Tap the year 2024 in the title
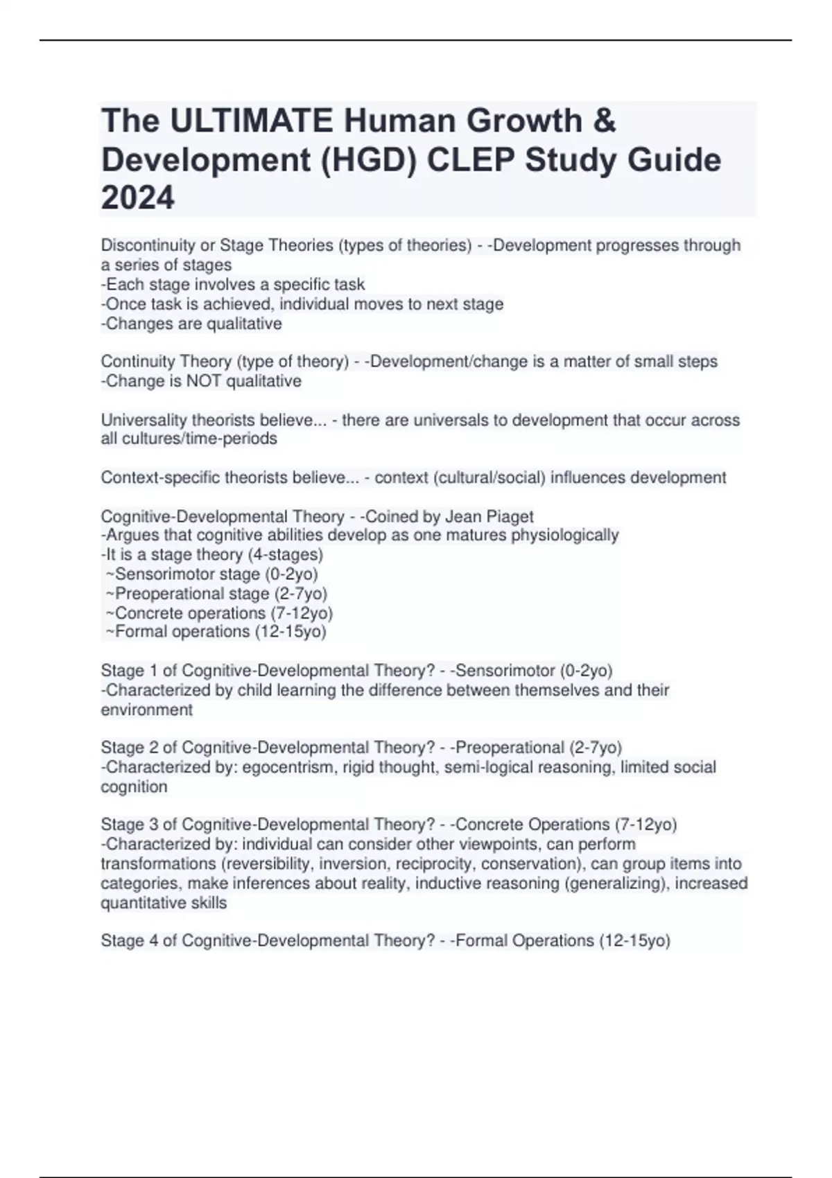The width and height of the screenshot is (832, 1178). coord(137,198)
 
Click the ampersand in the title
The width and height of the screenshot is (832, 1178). coord(605,121)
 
